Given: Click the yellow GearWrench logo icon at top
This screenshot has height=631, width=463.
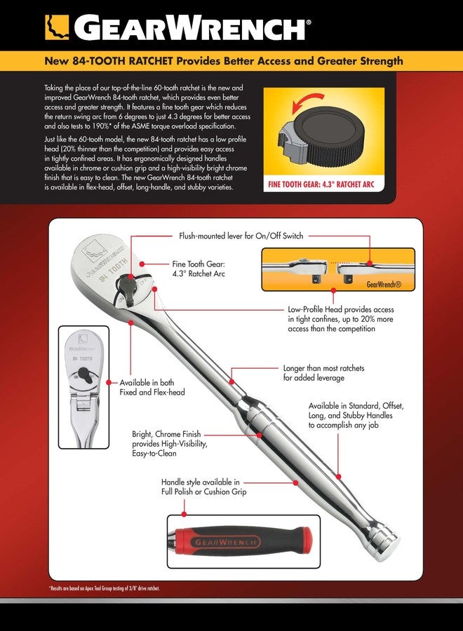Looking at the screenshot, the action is point(57,27).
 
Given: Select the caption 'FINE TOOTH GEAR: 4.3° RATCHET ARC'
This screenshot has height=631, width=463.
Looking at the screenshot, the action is point(321,184).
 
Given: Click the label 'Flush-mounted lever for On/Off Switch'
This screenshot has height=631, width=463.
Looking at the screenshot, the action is point(241,236).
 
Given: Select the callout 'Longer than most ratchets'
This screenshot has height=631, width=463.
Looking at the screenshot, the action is point(323,368).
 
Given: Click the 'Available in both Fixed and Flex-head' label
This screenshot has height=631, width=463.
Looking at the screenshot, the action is point(152,387).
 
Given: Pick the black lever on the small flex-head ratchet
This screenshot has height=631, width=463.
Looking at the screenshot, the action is point(84,374).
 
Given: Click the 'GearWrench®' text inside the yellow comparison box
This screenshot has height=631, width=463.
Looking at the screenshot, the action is point(384,285).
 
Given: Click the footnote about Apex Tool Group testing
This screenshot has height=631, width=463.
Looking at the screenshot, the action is point(104,588).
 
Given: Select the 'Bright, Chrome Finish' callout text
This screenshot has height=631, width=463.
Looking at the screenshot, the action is point(166,434).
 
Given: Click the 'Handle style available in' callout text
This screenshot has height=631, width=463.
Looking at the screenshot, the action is point(200,482).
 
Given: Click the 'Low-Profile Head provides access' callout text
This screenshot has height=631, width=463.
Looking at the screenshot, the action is point(341,309).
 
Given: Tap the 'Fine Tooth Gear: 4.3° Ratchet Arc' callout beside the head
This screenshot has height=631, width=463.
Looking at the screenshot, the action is point(199,269).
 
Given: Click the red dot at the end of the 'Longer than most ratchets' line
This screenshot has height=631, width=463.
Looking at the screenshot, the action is point(231,381).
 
